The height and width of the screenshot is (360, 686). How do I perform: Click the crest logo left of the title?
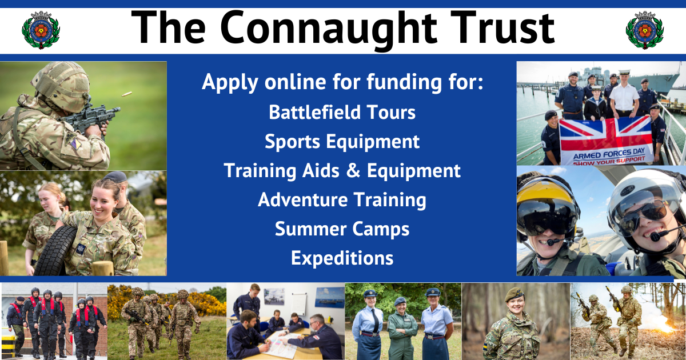pos(41,30)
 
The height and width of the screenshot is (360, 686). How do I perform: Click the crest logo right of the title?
pos(644,30)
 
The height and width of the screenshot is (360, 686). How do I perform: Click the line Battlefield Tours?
pos(342,112)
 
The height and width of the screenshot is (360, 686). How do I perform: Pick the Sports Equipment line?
pos(342,141)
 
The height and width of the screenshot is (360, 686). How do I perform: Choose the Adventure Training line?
pos(342,200)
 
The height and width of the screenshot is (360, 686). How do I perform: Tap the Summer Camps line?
pos(342,229)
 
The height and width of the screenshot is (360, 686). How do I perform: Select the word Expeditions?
pos(342,258)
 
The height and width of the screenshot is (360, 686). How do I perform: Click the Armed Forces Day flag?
pos(605,140)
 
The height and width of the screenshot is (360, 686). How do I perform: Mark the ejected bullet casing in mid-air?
pos(127,93)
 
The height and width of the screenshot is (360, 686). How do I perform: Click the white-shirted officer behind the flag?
pos(624,94)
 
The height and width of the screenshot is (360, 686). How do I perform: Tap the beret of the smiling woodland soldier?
pos(513,294)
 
